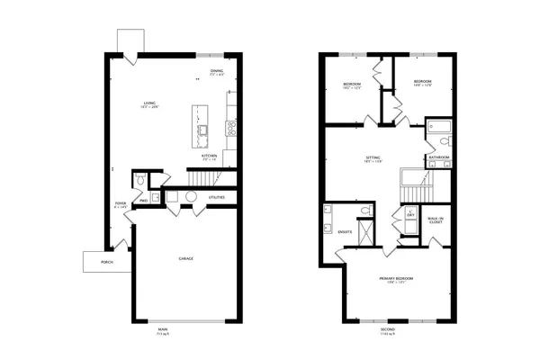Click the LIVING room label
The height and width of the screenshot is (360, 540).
point(150,104)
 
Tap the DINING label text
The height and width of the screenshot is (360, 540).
point(217,72)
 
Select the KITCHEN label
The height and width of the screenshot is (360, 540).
point(209,156)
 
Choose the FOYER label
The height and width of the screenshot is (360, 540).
point(121,204)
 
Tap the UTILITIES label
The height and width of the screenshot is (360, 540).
point(217,196)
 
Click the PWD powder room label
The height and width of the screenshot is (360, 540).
point(143,201)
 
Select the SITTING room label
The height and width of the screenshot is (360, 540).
point(373,157)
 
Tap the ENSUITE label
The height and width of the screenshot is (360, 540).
point(345,232)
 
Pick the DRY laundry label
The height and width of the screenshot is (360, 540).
point(410,215)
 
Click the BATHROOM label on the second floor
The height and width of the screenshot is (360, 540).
point(439,157)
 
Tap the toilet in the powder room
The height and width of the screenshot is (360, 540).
point(139,182)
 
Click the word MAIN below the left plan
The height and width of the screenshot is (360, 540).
point(162,328)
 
